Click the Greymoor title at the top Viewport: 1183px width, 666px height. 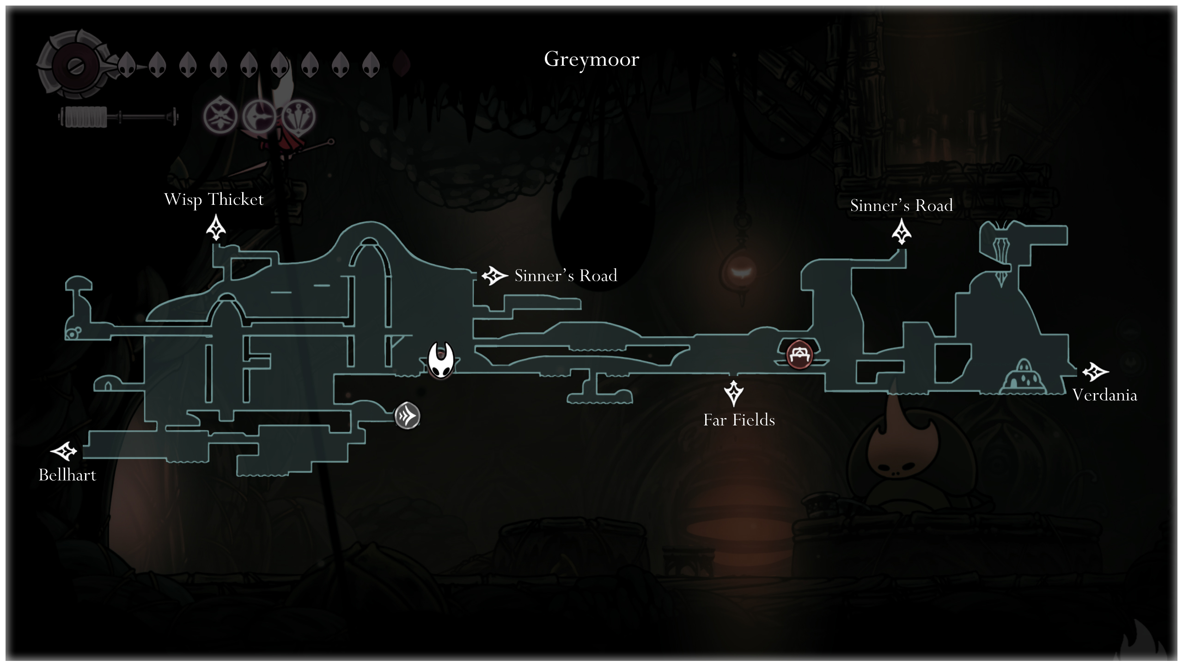point(591,59)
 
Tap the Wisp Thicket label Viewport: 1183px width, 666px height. point(213,199)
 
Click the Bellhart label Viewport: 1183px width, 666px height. point(67,475)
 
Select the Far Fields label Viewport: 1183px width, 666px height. point(739,420)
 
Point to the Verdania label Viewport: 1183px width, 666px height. point(1104,395)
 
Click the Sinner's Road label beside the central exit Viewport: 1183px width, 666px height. point(566,276)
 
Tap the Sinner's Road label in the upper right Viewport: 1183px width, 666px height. point(901,205)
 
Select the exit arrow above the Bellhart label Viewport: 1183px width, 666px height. point(64,451)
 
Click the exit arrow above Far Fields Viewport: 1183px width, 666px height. point(733,393)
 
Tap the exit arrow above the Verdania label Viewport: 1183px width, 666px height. point(1095,371)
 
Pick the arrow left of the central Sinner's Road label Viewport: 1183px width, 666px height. point(494,276)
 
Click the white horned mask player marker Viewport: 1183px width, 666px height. point(440,360)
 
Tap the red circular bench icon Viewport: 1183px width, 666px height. point(799,355)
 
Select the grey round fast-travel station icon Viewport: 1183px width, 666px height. point(407,416)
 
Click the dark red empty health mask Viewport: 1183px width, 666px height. point(402,64)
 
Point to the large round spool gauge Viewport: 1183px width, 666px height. point(74,65)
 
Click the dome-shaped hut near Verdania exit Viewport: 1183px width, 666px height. point(1024,377)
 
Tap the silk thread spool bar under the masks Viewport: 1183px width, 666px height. point(118,117)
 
